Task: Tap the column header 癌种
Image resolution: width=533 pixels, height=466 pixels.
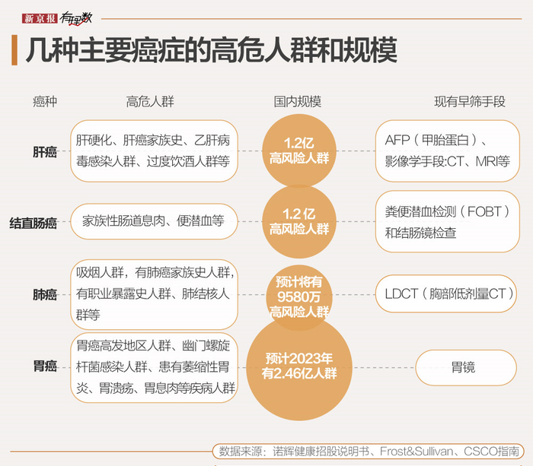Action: click(x=45, y=101)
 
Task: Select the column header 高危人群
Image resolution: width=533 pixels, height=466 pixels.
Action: click(x=150, y=101)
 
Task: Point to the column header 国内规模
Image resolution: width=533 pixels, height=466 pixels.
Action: click(x=298, y=101)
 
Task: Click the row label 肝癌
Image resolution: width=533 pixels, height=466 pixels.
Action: click(x=45, y=152)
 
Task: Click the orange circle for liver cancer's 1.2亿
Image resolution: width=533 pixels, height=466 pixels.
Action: click(x=299, y=151)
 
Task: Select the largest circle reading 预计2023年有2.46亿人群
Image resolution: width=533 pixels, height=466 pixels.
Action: click(x=299, y=366)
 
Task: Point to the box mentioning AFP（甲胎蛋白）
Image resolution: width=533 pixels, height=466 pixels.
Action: click(x=447, y=151)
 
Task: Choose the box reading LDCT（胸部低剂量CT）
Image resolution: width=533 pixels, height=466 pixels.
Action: click(x=447, y=293)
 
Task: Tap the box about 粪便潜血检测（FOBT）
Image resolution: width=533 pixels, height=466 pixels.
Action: click(x=447, y=222)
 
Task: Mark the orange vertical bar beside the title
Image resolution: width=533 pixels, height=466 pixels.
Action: click(x=16, y=51)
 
